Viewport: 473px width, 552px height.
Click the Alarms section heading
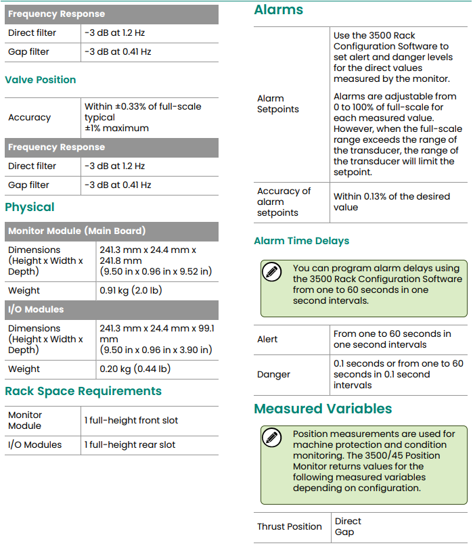click(x=278, y=10)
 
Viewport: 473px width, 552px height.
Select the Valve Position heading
click(x=40, y=80)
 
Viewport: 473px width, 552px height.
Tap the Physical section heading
click(x=30, y=207)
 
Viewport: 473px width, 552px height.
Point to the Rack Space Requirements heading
click(x=83, y=391)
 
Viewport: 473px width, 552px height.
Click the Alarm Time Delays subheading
click(x=301, y=241)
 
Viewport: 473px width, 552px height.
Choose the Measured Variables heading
click(x=323, y=409)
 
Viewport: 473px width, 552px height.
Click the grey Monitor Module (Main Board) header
click(x=76, y=231)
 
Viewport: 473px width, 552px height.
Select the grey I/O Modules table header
click(x=36, y=309)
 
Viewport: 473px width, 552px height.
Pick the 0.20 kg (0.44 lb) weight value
click(x=135, y=369)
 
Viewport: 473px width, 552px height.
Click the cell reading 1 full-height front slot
click(x=131, y=420)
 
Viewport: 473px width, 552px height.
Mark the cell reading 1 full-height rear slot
click(x=129, y=444)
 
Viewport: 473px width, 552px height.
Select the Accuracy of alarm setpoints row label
click(x=284, y=202)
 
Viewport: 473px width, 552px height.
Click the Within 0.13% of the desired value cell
click(x=391, y=202)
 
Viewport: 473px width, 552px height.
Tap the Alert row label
click(x=267, y=339)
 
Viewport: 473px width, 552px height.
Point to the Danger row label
click(x=273, y=374)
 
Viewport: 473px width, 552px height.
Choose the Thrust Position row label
click(x=289, y=526)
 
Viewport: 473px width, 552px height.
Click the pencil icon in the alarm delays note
click(x=271, y=273)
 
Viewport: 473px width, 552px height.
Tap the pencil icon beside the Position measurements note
click(x=271, y=438)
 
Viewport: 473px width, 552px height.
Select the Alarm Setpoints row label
click(x=277, y=103)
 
